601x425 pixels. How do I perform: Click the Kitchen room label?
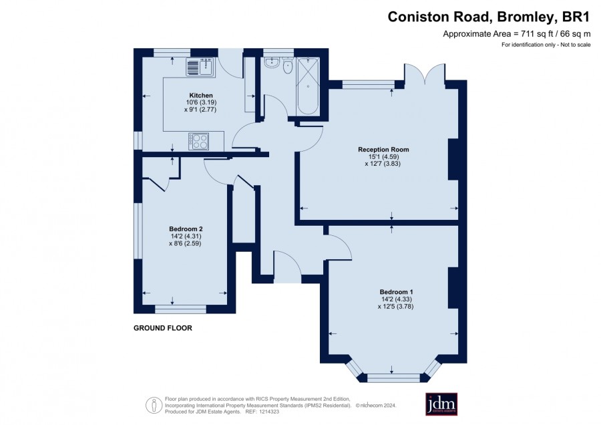[201, 96]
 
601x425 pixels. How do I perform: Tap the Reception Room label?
[383, 150]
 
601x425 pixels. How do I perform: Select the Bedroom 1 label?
[396, 292]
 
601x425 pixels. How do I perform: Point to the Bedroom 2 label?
[186, 229]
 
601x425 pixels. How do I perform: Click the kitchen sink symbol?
[201, 67]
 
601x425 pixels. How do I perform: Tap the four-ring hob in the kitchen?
[198, 141]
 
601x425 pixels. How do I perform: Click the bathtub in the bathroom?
[308, 86]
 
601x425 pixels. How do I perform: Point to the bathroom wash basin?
[272, 63]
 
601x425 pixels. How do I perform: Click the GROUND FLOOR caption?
[163, 328]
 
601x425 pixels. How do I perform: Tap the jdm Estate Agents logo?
[441, 404]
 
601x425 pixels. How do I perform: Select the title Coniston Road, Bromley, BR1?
[489, 17]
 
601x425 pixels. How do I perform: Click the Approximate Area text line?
[517, 34]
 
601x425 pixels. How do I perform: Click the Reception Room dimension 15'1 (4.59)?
[384, 156]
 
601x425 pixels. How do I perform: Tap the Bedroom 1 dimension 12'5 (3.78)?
[395, 307]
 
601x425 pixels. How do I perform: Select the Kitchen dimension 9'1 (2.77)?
[200, 110]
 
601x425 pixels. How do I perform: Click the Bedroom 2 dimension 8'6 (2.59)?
[185, 243]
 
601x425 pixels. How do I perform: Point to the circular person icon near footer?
[154, 405]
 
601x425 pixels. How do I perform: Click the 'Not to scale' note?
[576, 45]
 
